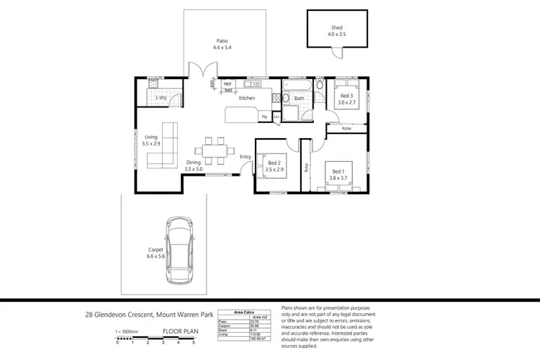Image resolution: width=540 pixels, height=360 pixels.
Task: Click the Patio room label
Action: click(x=222, y=44)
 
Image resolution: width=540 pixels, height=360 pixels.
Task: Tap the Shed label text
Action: click(x=337, y=28)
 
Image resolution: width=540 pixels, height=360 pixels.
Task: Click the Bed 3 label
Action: click(x=348, y=99)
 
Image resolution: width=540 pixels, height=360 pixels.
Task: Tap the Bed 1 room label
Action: click(x=338, y=174)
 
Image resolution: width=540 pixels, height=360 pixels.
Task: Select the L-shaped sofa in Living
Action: click(x=165, y=144)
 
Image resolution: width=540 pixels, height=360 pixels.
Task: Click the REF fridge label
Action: click(x=228, y=85)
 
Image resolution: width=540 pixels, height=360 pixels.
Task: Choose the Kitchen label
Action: click(x=247, y=98)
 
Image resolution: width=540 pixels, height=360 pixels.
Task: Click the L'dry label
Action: click(x=162, y=97)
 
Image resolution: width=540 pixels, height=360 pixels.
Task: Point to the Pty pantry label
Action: click(x=264, y=116)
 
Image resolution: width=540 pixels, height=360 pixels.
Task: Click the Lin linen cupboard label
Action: click(x=276, y=116)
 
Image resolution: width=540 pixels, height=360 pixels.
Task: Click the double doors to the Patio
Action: click(x=202, y=70)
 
